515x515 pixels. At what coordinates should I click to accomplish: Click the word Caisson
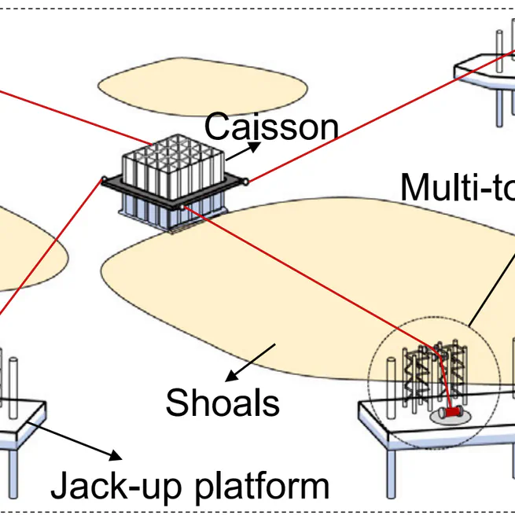pos(271,126)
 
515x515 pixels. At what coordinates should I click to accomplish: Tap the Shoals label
pos(223,403)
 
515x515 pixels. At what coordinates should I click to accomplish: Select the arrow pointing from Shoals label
pos(252,359)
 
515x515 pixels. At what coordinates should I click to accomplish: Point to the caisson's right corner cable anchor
pos(247,182)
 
